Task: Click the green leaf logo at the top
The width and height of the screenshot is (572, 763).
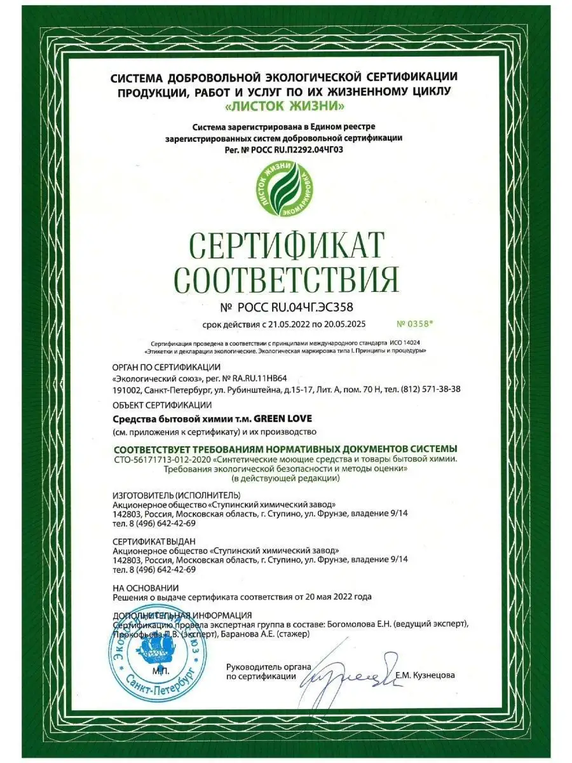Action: (285, 190)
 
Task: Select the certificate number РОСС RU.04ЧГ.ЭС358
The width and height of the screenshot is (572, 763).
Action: (297, 308)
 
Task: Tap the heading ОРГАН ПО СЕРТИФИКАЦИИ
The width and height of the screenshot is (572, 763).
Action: (166, 367)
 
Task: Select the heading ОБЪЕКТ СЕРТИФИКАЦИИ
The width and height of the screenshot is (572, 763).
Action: (161, 405)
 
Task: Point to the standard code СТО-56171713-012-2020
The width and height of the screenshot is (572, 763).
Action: (162, 459)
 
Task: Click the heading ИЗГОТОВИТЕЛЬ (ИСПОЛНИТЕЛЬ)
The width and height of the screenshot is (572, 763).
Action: (176, 495)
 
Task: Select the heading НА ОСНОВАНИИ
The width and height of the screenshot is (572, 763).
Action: (146, 588)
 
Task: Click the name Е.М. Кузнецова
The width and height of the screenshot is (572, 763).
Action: (425, 676)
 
